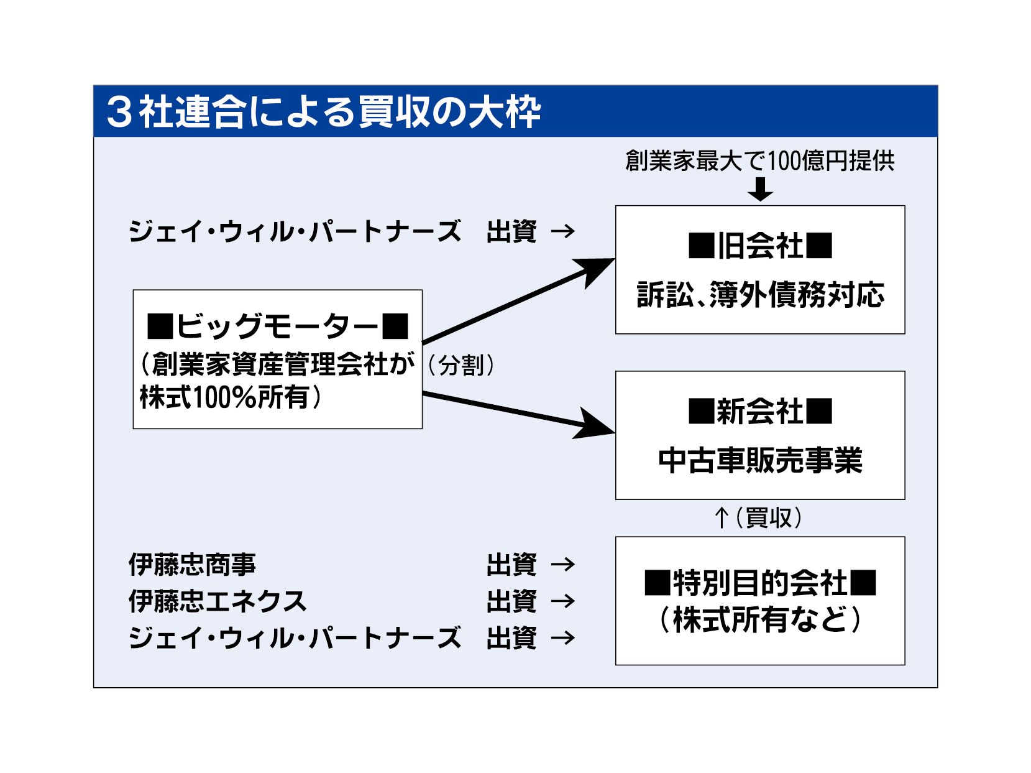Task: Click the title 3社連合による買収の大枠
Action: point(323,112)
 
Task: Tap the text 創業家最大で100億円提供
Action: point(759,160)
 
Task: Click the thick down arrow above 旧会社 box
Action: point(760,189)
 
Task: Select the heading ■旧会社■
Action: point(759,246)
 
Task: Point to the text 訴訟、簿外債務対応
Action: point(759,295)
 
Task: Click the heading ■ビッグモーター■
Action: point(277,325)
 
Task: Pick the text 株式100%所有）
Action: point(231,397)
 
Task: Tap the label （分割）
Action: point(461,365)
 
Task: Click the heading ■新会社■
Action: point(759,411)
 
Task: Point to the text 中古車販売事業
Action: point(759,461)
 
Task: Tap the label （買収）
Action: point(769,517)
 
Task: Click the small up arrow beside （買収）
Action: point(721,517)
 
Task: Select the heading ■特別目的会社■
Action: point(759,583)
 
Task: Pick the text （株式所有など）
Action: point(759,619)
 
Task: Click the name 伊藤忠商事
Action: point(192,565)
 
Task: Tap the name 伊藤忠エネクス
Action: point(218,601)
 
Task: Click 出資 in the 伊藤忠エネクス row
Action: point(511,601)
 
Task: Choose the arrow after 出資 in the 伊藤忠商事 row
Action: point(563,565)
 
